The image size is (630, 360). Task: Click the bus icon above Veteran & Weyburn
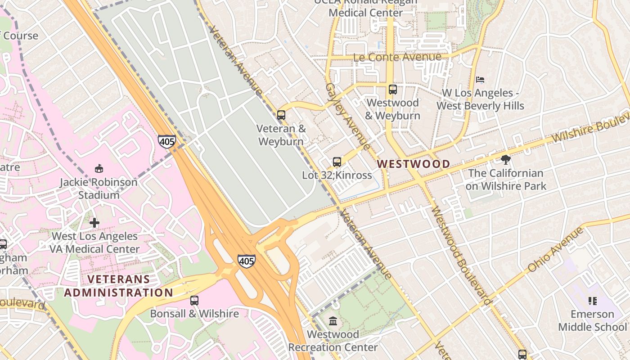[281, 115]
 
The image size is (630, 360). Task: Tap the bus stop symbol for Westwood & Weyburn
[393, 90]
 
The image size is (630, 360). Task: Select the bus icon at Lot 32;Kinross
[337, 162]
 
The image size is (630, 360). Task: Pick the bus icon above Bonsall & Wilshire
[194, 300]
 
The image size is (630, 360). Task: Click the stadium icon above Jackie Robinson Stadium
[99, 169]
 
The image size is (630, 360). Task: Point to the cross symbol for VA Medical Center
[94, 223]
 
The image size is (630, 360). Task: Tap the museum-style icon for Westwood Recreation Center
[333, 321]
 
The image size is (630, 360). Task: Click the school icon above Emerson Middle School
[592, 301]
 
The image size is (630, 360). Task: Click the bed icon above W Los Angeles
[480, 80]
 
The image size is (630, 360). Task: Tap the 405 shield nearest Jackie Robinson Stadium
[166, 141]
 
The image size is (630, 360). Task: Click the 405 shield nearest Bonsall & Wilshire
[247, 261]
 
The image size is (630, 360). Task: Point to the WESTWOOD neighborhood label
[413, 164]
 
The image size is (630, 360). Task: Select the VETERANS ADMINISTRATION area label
[118, 286]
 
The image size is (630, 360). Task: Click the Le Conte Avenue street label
[397, 57]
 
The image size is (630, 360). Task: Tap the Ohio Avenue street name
[555, 249]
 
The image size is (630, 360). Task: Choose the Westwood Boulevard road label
[460, 256]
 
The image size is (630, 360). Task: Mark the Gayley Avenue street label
[347, 117]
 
